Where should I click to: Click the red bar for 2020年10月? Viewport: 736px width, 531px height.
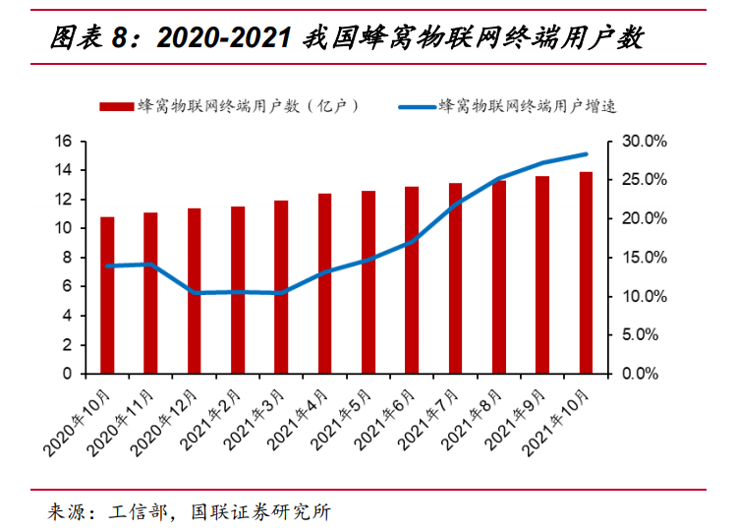107,295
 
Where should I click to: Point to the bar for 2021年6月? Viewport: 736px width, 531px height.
412,280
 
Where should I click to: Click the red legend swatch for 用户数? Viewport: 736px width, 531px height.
114,105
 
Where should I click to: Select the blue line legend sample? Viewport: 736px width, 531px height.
417,105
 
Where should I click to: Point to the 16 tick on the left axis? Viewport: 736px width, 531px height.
64,142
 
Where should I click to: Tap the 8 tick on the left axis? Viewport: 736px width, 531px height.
68,258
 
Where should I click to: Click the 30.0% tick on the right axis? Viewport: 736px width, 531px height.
645,142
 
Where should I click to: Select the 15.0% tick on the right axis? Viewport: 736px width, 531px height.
645,258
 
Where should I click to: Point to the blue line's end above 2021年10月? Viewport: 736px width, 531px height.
586,154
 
